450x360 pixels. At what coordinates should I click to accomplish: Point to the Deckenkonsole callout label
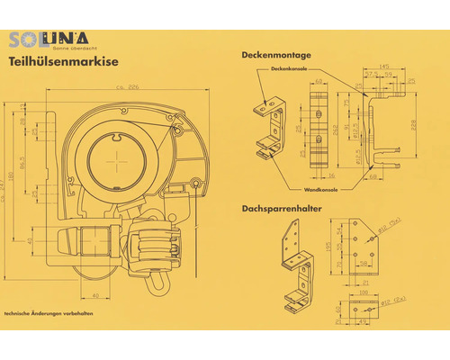click(289, 67)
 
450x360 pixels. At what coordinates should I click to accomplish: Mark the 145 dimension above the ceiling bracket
click(385, 66)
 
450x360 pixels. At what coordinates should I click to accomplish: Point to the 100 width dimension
click(364, 292)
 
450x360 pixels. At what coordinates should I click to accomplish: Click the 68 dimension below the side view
click(373, 176)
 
